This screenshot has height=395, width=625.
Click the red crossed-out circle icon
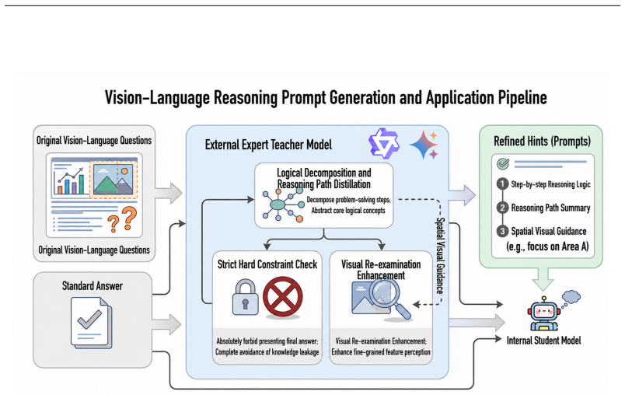point(283,297)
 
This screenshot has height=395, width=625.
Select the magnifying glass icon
point(388,299)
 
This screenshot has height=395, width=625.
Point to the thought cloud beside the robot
point(571,297)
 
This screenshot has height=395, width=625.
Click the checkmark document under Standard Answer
point(91,323)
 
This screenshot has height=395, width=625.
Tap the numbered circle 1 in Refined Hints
point(502,184)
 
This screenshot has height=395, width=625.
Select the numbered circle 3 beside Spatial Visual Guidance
point(502,231)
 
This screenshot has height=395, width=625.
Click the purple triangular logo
point(383,144)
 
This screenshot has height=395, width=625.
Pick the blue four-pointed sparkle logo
point(424,145)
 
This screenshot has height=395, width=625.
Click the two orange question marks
point(122,219)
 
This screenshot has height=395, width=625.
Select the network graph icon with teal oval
point(283,204)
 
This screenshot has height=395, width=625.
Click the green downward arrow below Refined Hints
point(543,278)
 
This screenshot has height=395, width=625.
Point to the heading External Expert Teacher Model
point(268,145)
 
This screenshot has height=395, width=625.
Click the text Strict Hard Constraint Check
point(267,264)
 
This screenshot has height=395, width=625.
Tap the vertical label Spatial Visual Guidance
point(440,256)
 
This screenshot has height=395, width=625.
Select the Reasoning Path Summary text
point(550,208)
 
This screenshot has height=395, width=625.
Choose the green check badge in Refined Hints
point(503,163)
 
